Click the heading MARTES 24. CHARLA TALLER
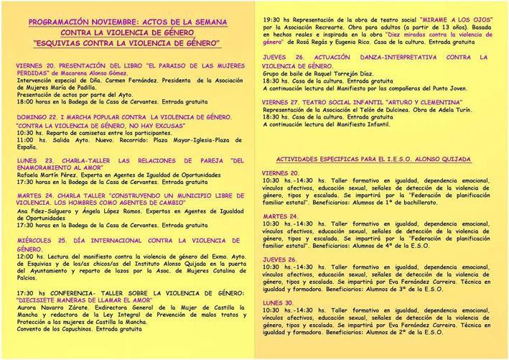[129, 195]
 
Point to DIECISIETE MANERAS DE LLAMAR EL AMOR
[89, 300]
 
